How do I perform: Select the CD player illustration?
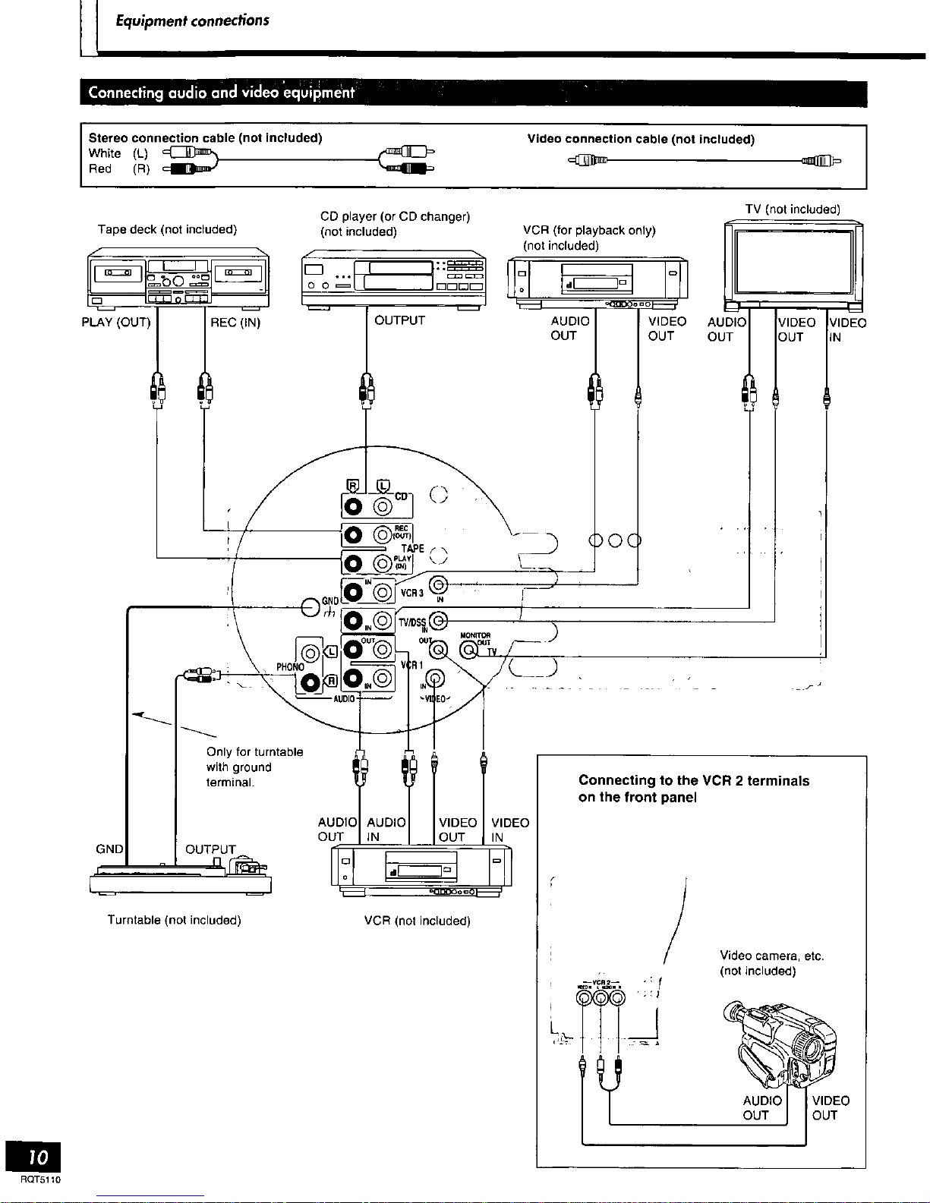[393, 278]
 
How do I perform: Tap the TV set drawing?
[793, 263]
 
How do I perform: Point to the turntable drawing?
[181, 877]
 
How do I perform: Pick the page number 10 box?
[33, 1157]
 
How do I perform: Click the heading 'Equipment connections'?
[192, 20]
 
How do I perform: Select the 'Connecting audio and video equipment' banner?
[221, 93]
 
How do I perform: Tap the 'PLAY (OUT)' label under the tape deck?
[116, 322]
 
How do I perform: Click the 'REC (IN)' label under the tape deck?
[235, 323]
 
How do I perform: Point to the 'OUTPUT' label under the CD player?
[399, 320]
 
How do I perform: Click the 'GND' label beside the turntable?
[109, 849]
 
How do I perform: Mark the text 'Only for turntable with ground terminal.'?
[254, 767]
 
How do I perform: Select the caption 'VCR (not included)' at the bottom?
[417, 921]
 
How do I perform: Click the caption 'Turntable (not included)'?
[174, 920]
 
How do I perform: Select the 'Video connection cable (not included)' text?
[641, 139]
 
